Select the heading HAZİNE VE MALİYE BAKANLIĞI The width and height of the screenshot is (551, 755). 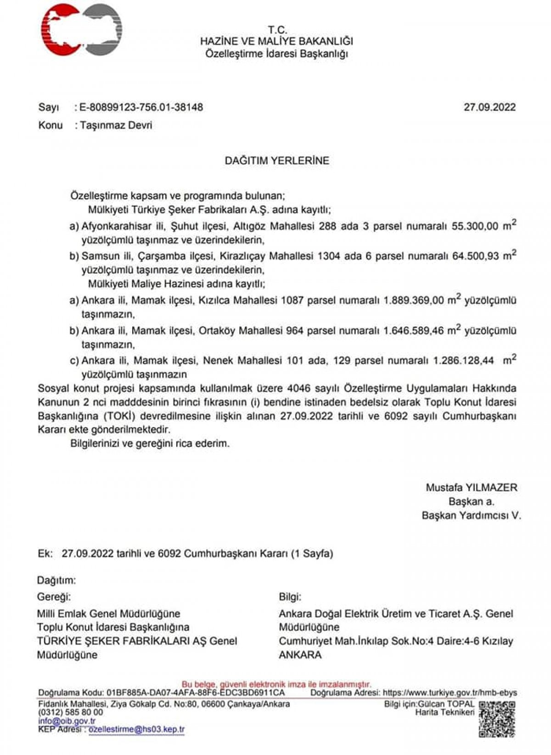(x=276, y=41)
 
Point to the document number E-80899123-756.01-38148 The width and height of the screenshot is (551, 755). (x=141, y=107)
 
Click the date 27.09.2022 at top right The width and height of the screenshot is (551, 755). (x=489, y=107)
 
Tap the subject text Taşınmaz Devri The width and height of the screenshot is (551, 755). (x=116, y=125)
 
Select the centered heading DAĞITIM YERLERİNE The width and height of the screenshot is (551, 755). (x=276, y=161)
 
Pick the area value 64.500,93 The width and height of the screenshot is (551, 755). (x=475, y=256)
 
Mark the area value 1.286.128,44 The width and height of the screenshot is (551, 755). (x=464, y=361)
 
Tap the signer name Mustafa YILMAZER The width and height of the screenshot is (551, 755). (x=471, y=488)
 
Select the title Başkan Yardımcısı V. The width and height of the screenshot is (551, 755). (x=471, y=515)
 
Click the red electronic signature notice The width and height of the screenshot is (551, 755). (x=276, y=684)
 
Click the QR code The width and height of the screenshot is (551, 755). (x=497, y=719)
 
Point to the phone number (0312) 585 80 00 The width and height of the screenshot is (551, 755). (x=71, y=712)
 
